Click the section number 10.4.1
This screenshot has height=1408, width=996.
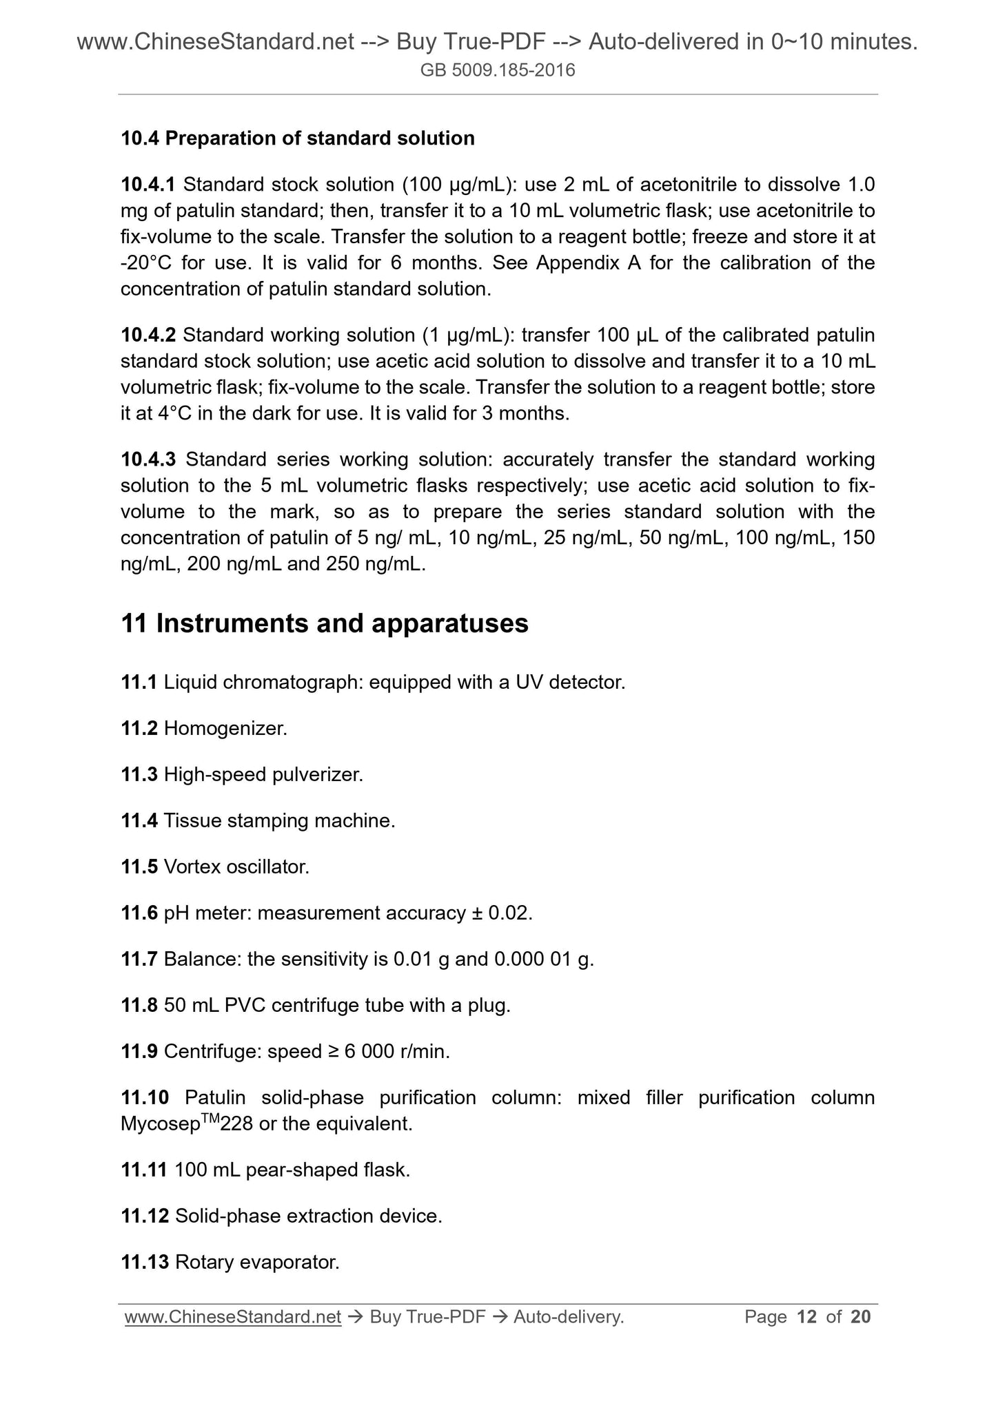point(148,185)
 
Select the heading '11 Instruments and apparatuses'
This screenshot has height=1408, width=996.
point(325,623)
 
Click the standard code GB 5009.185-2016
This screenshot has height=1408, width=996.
point(498,70)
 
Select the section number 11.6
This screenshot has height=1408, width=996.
point(139,913)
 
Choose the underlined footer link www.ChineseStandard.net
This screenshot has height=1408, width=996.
point(233,1316)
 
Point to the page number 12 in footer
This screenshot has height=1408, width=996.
point(806,1316)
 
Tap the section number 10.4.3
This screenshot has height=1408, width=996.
point(148,459)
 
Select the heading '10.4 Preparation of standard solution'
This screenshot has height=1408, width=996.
point(298,138)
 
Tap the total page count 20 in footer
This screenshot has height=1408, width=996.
point(861,1316)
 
